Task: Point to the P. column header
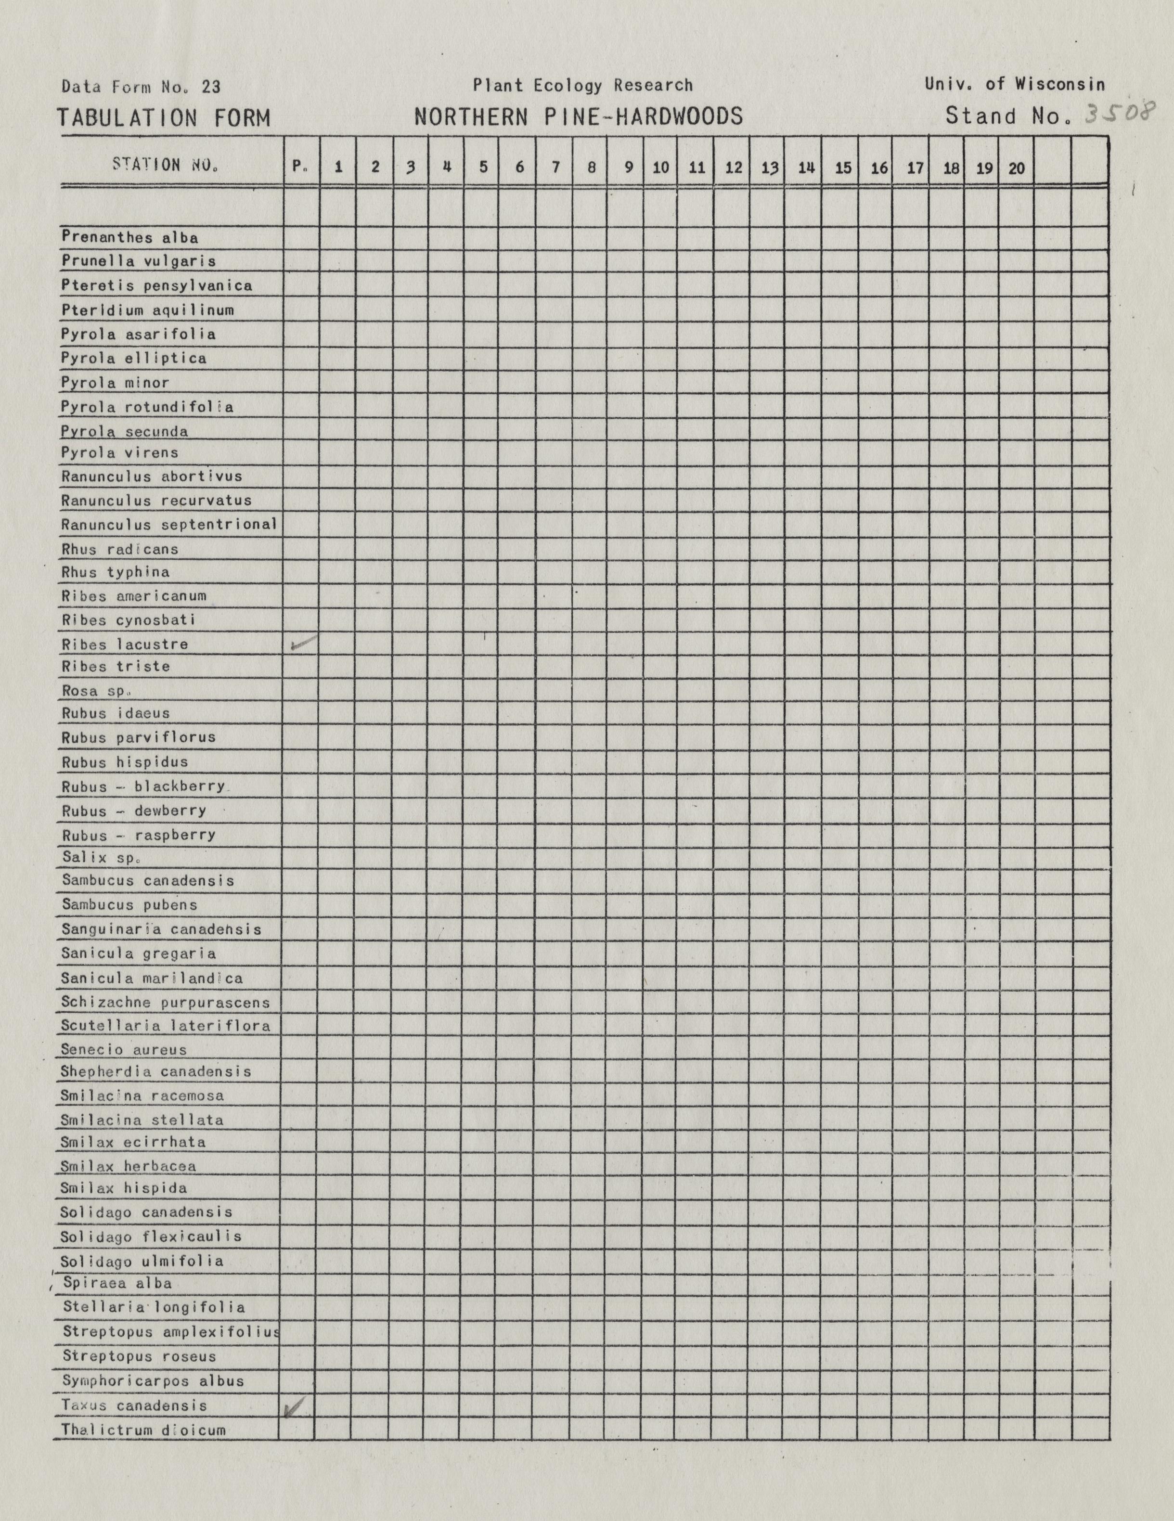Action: point(300,167)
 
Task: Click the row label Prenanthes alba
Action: point(129,237)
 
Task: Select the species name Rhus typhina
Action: point(116,572)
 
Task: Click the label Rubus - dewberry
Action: point(134,811)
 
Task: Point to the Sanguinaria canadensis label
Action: point(161,929)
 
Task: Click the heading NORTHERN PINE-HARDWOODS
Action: point(579,116)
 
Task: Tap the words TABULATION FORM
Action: point(163,118)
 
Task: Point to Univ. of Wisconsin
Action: point(1015,84)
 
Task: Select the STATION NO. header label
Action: point(165,166)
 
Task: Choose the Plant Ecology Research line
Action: point(583,86)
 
